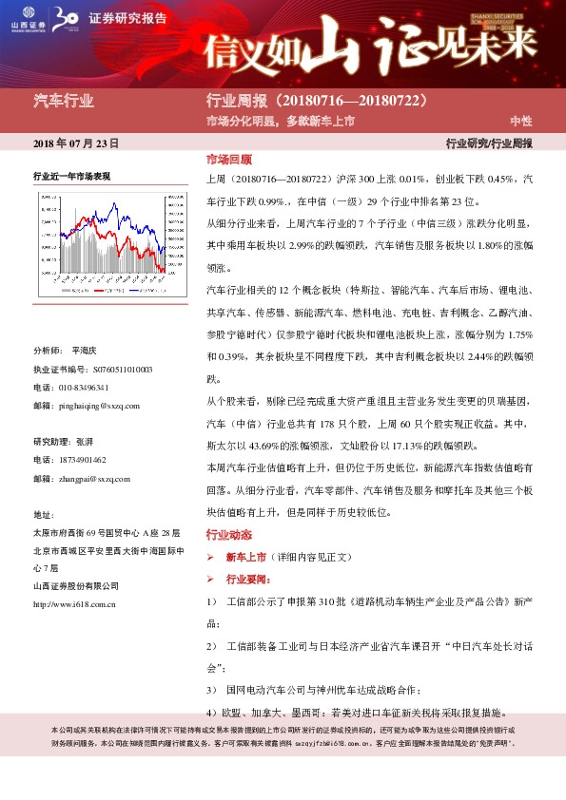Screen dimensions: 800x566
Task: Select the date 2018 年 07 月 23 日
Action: (76, 143)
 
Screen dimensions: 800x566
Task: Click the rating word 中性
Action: (520, 121)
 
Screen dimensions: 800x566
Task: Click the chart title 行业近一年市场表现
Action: (71, 177)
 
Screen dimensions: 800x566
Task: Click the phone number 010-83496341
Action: (85, 387)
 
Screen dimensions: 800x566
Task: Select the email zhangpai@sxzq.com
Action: (93, 478)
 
